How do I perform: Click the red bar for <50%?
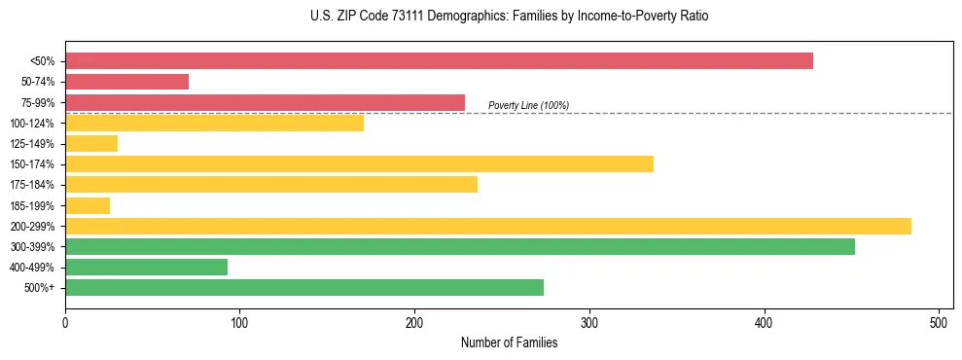pyautogui.click(x=439, y=61)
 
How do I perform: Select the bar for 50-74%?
pyautogui.click(x=126, y=82)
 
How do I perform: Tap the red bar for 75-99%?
pyautogui.click(x=265, y=102)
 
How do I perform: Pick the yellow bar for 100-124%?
pyautogui.click(x=214, y=123)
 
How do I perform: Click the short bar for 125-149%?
pyautogui.click(x=91, y=144)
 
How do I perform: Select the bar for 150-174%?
pyautogui.click(x=359, y=164)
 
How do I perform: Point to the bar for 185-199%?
pyautogui.click(x=88, y=205)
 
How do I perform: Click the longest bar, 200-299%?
pyautogui.click(x=487, y=226)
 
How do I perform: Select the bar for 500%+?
pyautogui.click(x=303, y=287)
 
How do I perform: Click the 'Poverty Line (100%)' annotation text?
pyautogui.click(x=528, y=105)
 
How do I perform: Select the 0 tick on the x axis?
pyautogui.click(x=65, y=322)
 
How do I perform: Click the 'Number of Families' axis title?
pyautogui.click(x=509, y=342)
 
